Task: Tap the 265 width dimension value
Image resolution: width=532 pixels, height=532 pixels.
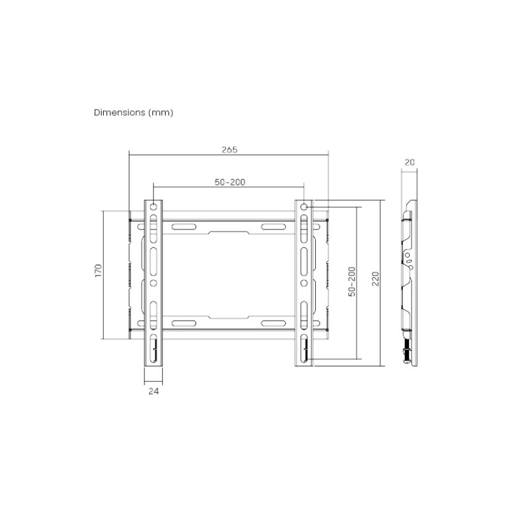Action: click(229, 150)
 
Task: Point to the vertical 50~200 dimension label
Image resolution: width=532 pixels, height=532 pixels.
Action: click(352, 282)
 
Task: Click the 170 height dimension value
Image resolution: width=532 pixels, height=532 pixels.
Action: click(98, 271)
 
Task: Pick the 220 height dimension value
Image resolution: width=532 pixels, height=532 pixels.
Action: click(376, 278)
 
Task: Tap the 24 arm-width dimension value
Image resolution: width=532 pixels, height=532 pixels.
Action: click(154, 392)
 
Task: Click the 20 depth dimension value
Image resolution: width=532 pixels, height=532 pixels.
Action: click(410, 162)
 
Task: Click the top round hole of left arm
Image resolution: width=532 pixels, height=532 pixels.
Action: click(154, 207)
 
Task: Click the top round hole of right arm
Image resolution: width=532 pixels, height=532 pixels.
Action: click(304, 207)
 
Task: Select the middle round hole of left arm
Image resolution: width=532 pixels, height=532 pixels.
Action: click(154, 283)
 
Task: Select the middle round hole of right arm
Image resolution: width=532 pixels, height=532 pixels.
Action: click(304, 283)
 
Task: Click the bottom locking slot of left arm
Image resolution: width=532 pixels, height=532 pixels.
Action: click(154, 350)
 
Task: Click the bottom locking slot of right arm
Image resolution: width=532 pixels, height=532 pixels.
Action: click(304, 350)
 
